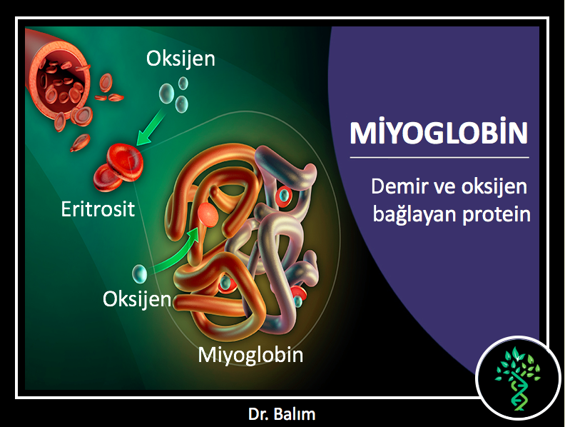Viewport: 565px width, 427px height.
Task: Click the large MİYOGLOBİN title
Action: pos(439,132)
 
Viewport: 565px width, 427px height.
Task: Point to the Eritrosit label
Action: pos(98,209)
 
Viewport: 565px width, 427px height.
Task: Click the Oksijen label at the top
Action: pos(180,59)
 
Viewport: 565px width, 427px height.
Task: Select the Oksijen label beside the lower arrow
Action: pos(137,299)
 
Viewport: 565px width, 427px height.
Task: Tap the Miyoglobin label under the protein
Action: pos(250,355)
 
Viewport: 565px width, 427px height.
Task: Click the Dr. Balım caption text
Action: pos(282,414)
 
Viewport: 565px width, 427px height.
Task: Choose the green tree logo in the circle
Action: pos(518,378)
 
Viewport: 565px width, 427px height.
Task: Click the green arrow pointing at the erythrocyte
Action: pos(151,127)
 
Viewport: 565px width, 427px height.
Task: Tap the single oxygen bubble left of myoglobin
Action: pos(140,273)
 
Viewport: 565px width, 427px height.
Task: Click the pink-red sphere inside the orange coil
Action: pos(208,215)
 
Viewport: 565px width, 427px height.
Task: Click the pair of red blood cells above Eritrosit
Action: pos(118,167)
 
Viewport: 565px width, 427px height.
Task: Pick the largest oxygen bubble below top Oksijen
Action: pos(166,93)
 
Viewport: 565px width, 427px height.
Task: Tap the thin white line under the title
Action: pos(439,158)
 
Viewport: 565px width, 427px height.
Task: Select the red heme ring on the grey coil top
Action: pos(284,195)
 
